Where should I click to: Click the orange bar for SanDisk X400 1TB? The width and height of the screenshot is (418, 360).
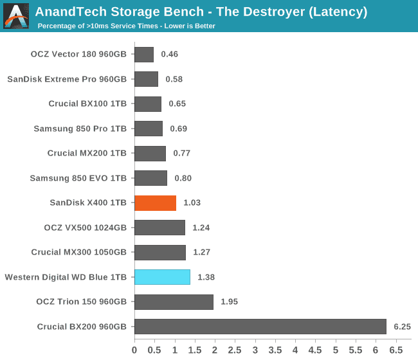click(x=155, y=203)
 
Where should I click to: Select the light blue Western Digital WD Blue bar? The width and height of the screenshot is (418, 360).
click(x=162, y=277)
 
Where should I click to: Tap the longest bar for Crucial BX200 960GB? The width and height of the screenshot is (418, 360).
click(x=260, y=327)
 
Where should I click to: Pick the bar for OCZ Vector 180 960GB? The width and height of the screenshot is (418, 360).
click(x=144, y=55)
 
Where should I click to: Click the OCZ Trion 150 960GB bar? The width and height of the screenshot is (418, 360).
click(x=174, y=302)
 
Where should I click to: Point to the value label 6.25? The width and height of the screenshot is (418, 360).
click(x=402, y=327)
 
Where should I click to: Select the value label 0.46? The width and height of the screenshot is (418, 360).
click(x=169, y=55)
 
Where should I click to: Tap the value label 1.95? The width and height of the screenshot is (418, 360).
click(x=230, y=302)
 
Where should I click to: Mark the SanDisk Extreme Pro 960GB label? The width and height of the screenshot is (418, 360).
click(x=68, y=80)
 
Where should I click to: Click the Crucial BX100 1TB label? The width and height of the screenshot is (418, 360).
click(x=87, y=104)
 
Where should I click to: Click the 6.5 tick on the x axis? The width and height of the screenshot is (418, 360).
click(x=396, y=350)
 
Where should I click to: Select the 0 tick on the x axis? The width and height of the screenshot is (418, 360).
click(x=134, y=350)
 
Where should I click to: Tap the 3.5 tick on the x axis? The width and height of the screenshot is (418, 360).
click(x=275, y=350)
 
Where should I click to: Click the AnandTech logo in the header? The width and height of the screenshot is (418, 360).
click(x=16, y=16)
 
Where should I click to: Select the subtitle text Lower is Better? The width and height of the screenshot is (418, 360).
click(x=186, y=26)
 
